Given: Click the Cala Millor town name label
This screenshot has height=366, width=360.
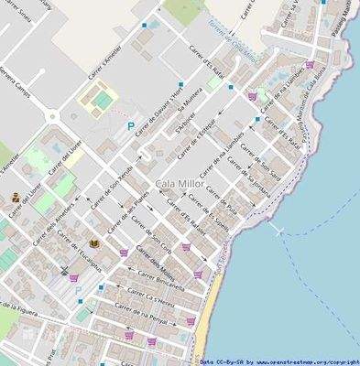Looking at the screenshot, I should coord(180,184).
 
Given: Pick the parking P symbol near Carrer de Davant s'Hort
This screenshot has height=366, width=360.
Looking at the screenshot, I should coord(130,124).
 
